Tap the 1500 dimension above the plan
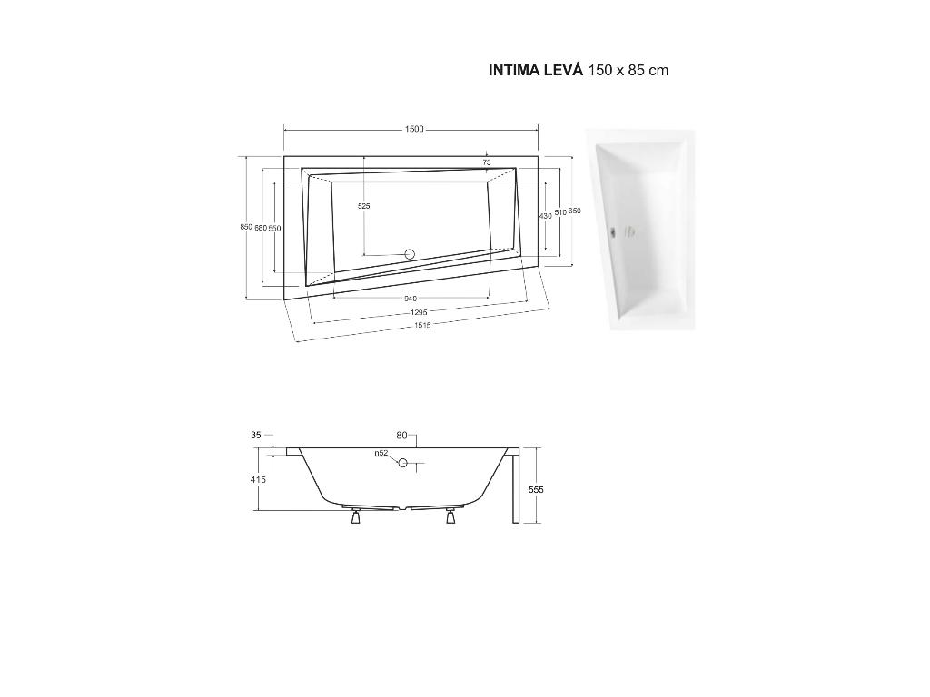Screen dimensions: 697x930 413,130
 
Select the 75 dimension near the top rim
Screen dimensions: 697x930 487,162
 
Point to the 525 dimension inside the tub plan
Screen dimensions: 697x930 364,206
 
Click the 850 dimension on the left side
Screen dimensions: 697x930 246,227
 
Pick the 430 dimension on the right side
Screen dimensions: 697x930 545,216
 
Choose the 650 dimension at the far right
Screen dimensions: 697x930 575,211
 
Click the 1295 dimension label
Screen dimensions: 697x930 419,312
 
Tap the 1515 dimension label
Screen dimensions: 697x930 422,325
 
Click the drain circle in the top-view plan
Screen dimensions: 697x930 409,254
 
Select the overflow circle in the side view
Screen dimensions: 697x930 402,463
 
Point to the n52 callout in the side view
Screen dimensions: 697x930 381,453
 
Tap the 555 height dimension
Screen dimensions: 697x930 537,490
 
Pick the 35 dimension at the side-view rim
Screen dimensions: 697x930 256,436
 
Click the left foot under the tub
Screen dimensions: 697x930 355,518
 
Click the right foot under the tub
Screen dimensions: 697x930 450,518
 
